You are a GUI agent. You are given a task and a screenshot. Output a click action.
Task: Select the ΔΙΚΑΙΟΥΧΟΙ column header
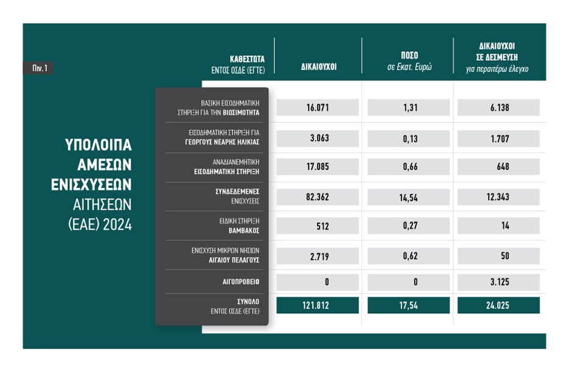318,67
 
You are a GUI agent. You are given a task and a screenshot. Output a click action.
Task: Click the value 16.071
318,108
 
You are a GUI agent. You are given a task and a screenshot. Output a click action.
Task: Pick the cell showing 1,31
409,108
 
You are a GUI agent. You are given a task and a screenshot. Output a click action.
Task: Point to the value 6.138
498,108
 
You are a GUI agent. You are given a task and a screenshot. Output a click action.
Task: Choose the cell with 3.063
318,137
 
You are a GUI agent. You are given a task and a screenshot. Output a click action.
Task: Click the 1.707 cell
498,137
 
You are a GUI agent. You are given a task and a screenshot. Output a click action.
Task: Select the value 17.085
318,167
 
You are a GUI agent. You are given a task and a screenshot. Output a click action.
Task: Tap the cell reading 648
498,167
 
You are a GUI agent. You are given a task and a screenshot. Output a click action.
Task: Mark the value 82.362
318,196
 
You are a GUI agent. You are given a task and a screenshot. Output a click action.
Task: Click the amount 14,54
409,196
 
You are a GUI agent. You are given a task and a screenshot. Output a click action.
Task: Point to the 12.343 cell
498,196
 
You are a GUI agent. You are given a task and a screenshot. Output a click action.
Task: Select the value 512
318,226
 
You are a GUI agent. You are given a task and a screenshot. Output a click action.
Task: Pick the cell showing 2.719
318,255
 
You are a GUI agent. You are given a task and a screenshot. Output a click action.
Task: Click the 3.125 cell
498,282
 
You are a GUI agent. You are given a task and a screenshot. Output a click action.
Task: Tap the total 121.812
318,305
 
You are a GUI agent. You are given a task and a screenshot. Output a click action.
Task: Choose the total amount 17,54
409,305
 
